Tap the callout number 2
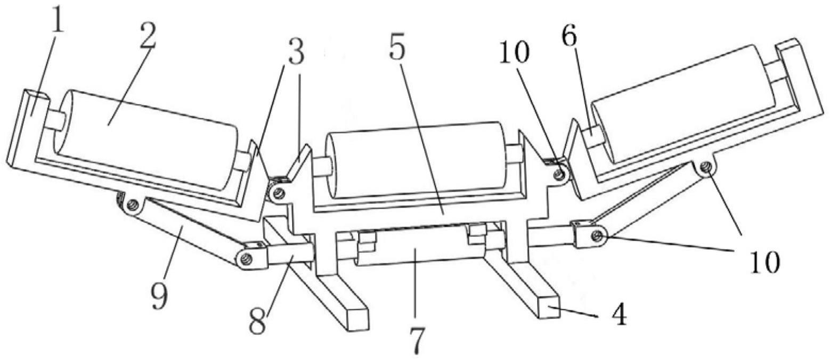click(x=148, y=37)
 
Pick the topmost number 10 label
click(x=514, y=53)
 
